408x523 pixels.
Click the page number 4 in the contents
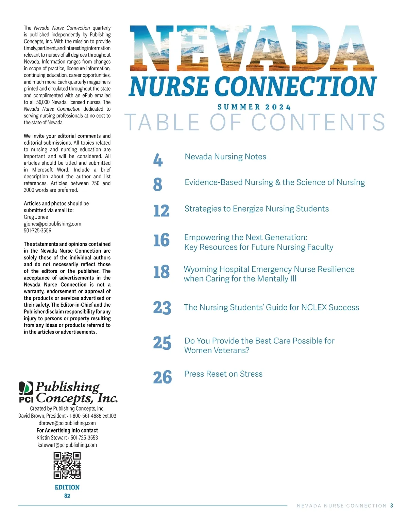158,160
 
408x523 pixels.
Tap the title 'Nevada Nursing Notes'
225,157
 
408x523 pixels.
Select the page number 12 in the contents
161,211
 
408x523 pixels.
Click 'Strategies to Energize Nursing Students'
257,209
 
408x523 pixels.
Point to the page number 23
162,308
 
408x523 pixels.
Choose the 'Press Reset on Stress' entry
223,374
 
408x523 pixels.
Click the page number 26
162,377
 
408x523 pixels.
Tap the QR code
67,465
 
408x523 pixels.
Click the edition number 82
67,496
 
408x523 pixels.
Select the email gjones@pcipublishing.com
52,224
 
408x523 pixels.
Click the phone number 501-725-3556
37,231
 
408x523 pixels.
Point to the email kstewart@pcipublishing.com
67,445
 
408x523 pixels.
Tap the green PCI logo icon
26,387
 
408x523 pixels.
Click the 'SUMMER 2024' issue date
254,107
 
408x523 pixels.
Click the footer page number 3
392,506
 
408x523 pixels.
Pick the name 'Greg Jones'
36,217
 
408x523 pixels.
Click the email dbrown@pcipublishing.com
67,423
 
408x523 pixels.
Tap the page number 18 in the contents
161,272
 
